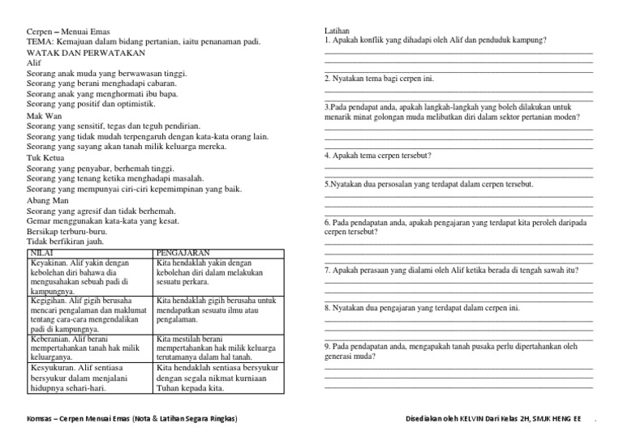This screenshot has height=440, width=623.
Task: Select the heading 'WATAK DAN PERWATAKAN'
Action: tap(86, 52)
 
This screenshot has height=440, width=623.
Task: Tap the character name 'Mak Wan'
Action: tap(43, 116)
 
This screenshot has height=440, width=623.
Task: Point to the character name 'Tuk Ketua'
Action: tap(45, 158)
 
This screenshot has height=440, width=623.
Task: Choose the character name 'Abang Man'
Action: tap(48, 200)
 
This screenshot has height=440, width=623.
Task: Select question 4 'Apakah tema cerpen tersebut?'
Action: tap(378, 155)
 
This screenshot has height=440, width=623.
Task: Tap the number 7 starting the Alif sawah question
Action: tap(326, 270)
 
